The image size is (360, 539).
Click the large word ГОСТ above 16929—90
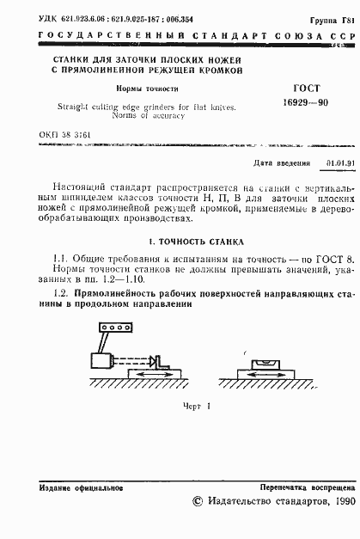click(306, 88)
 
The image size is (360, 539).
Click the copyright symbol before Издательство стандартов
click(197, 501)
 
